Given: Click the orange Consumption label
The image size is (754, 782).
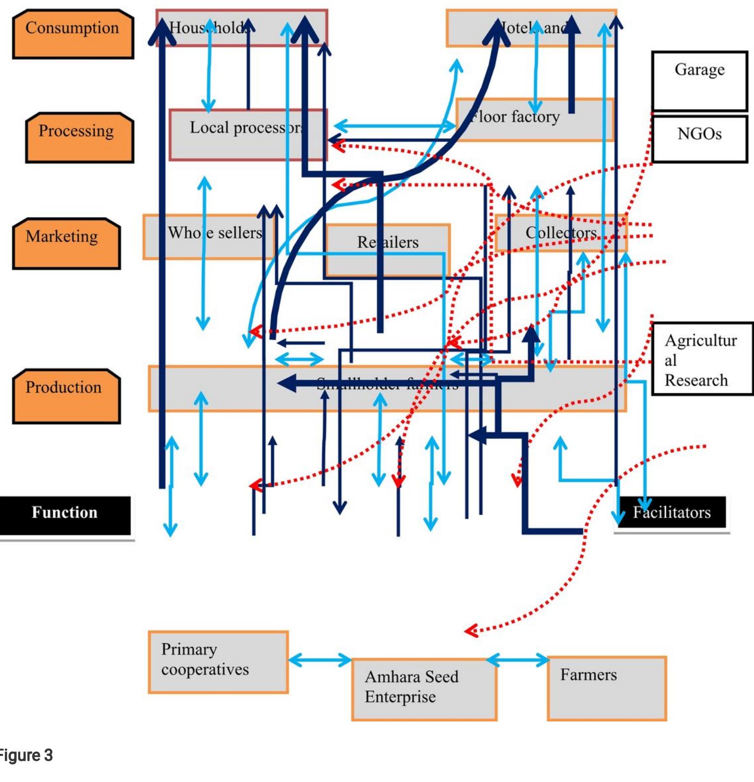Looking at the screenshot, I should (x=73, y=33).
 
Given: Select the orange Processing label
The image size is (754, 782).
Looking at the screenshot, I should (x=79, y=137).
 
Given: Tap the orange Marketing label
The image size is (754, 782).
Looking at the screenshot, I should (x=66, y=243).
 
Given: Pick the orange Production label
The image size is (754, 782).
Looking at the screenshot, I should (x=66, y=396).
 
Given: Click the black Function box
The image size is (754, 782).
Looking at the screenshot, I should (x=65, y=515).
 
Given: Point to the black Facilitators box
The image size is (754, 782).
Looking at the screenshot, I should (x=672, y=512).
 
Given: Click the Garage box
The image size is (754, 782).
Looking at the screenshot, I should (x=699, y=80).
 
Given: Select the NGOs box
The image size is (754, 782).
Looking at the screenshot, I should (x=699, y=138).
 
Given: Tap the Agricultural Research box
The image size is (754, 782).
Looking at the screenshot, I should (x=702, y=359).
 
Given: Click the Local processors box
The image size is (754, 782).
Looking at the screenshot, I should (x=246, y=134).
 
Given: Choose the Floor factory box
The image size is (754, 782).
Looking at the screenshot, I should (x=534, y=119).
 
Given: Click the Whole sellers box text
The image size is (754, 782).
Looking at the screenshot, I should (x=215, y=233).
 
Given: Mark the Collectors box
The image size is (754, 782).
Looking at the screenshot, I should (x=560, y=233).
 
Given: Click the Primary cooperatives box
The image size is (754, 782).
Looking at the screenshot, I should (x=218, y=661).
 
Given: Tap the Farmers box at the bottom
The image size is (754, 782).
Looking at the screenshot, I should (x=606, y=688).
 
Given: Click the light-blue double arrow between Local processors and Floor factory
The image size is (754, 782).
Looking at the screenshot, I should (x=394, y=126).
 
